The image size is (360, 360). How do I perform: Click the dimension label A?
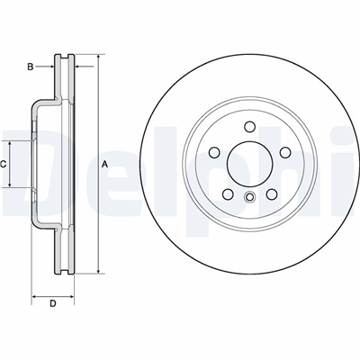[x=104, y=164]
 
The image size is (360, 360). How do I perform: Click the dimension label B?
[x=31, y=67]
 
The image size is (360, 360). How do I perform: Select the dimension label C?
[x=3, y=164]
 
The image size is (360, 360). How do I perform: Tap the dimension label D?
[x=53, y=303]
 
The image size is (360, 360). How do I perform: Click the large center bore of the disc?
[x=249, y=164]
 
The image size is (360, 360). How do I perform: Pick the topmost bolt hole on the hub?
[x=249, y=127]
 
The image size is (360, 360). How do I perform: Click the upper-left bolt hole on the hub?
[x=214, y=152]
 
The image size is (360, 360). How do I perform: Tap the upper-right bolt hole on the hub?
[x=285, y=152]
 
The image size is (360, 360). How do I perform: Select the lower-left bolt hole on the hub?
[x=228, y=194]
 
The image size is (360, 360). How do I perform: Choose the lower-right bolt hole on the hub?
[x=271, y=194]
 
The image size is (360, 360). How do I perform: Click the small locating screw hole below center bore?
[x=249, y=196]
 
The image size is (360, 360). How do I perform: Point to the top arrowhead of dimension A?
[x=98, y=58]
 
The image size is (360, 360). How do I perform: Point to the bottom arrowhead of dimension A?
[x=98, y=270]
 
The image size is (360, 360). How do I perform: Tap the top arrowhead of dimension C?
[x=10, y=144]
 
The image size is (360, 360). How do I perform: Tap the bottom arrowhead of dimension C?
[x=10, y=184]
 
